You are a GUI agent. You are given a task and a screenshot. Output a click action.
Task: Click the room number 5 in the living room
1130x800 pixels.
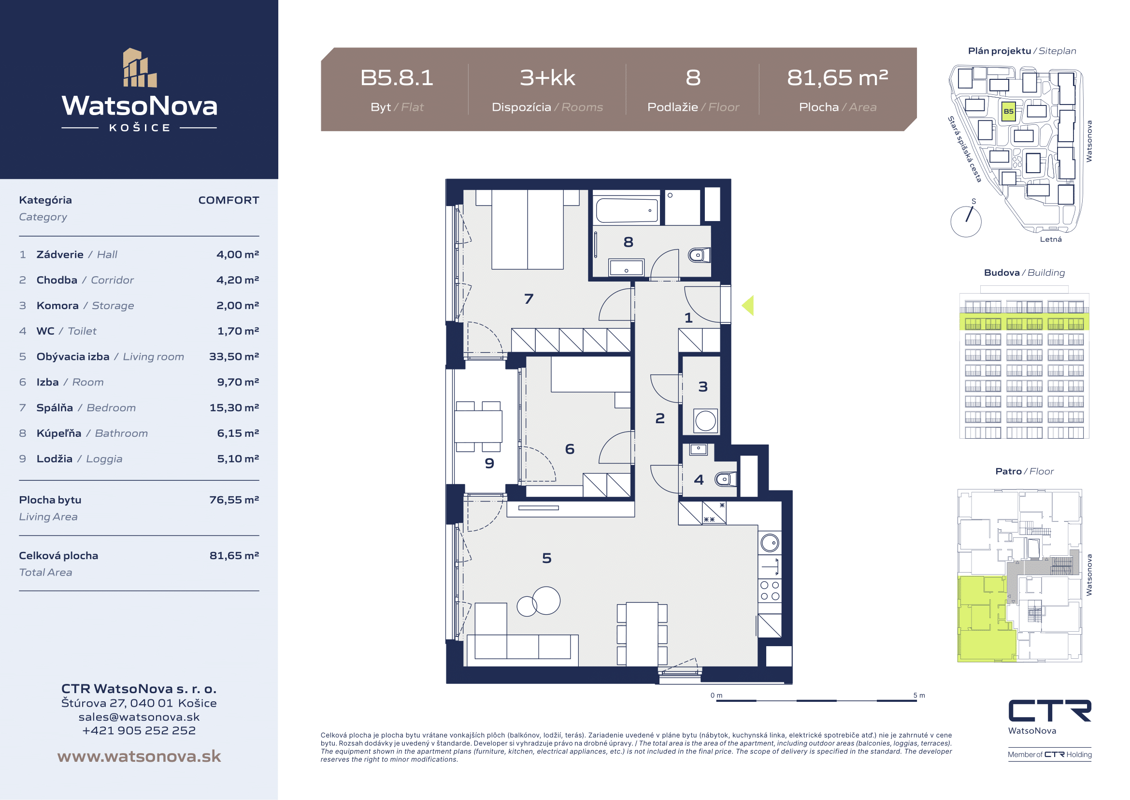click(546, 558)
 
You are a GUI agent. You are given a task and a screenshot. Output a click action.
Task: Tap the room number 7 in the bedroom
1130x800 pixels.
click(529, 298)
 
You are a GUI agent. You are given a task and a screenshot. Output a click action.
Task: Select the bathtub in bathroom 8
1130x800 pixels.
click(627, 210)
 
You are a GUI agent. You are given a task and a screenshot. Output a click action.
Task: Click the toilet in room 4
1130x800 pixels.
click(726, 479)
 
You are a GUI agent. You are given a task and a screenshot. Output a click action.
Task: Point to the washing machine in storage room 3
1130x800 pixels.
click(705, 421)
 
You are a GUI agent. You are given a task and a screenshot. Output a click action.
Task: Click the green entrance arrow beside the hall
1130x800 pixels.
click(747, 305)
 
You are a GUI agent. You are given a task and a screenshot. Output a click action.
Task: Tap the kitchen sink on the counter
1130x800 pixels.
click(770, 543)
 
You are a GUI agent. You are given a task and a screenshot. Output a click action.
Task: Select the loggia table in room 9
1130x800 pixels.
click(478, 426)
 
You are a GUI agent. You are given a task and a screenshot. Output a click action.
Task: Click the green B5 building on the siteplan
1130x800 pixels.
click(1008, 111)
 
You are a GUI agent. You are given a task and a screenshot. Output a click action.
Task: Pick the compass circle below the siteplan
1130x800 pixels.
click(966, 222)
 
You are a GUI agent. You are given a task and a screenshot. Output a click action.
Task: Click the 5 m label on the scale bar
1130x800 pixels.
click(919, 696)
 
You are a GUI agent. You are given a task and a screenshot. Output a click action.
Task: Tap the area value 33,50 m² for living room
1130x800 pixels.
click(234, 356)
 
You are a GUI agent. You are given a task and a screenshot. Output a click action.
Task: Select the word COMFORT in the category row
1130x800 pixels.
click(229, 200)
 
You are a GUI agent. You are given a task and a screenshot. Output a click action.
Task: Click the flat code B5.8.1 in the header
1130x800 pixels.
click(397, 78)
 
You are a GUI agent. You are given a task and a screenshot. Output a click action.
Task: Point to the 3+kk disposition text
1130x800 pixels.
click(547, 78)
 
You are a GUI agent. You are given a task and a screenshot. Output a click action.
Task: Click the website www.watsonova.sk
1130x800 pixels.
click(139, 756)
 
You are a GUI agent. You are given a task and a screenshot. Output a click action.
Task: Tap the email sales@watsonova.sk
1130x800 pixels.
click(139, 717)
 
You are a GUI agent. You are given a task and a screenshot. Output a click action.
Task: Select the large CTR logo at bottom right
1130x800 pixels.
click(1050, 711)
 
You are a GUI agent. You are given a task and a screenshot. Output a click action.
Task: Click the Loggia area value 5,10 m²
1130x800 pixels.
click(238, 459)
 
